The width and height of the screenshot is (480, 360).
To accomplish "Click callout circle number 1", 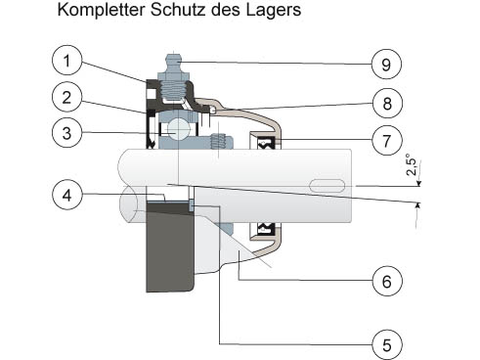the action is [x=66, y=61].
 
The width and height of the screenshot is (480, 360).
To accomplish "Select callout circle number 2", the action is [x=66, y=97].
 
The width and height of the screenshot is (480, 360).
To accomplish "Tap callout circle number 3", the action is [x=66, y=133].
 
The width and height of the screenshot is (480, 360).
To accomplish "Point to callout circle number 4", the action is [x=66, y=195].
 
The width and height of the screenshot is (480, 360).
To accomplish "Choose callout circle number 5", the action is [x=387, y=345].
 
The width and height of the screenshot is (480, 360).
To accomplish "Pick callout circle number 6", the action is [x=387, y=281].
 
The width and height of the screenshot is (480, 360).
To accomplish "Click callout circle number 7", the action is [x=387, y=141].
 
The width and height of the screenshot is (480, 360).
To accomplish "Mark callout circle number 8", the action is [x=387, y=103].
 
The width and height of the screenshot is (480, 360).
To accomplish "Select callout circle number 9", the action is [x=386, y=64].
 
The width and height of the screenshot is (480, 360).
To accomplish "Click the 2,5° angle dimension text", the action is [x=412, y=166].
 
